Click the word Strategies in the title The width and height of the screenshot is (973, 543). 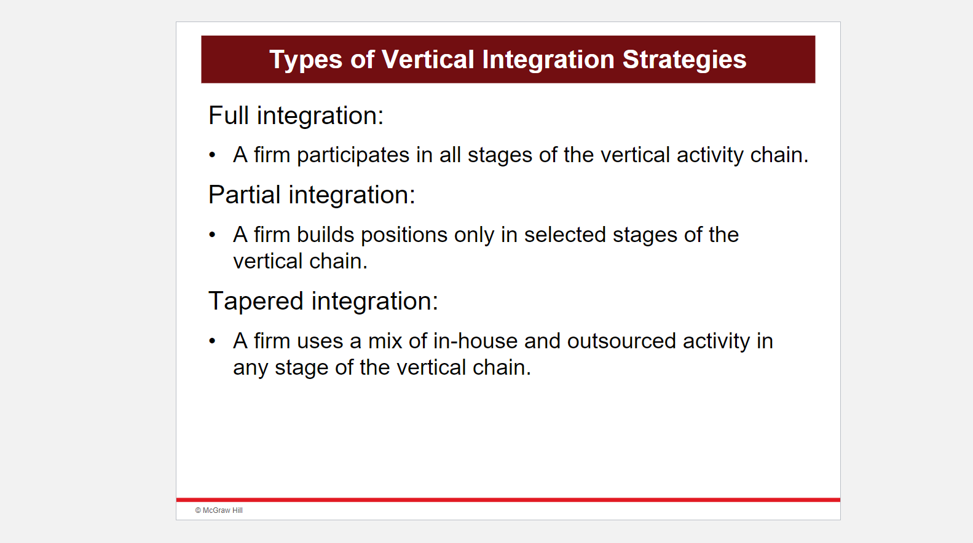(x=684, y=60)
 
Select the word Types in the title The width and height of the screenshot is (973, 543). (x=305, y=60)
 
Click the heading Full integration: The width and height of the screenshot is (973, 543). (x=296, y=115)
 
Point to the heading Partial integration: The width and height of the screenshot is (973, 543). (x=312, y=195)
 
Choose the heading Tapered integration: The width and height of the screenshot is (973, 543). (x=323, y=301)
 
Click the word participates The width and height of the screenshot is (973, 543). (x=353, y=155)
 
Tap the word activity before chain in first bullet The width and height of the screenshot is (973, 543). (x=710, y=155)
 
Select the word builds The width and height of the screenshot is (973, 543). (x=325, y=235)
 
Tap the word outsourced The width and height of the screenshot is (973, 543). (x=621, y=341)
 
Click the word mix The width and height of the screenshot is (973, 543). (x=385, y=341)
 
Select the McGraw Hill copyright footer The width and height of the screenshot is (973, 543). (x=219, y=510)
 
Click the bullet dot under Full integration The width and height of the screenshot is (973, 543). (x=212, y=155)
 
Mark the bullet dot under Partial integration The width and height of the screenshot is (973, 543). (x=212, y=235)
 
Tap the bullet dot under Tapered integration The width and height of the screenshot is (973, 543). (x=212, y=341)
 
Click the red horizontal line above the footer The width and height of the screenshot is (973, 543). (x=508, y=500)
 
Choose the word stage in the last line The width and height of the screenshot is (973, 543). (x=301, y=368)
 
